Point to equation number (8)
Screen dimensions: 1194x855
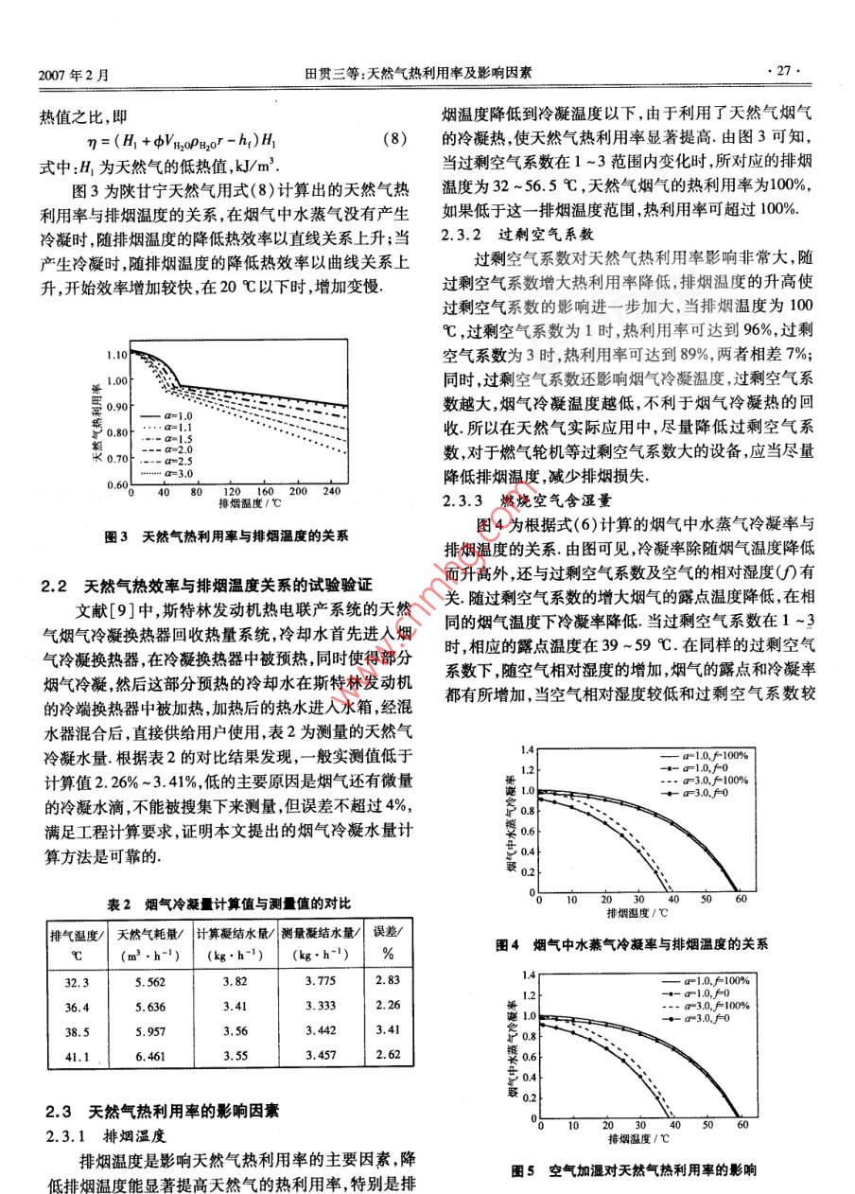point(394,139)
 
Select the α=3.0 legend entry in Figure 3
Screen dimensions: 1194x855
point(166,471)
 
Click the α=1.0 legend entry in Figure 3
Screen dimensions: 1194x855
point(166,415)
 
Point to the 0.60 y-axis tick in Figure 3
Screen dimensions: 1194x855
point(115,484)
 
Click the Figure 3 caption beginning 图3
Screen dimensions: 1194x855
point(226,536)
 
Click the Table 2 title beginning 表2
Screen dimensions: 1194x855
point(228,904)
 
